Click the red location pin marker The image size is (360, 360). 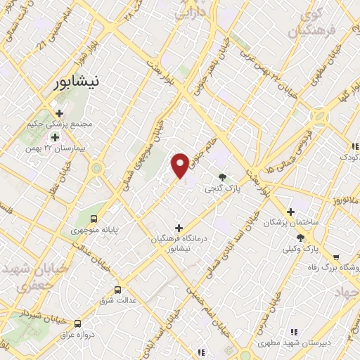click(180, 165)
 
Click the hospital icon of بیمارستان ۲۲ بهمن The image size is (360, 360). click(55, 136)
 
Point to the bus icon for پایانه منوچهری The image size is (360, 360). click(93, 217)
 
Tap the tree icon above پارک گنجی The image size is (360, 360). click(223, 178)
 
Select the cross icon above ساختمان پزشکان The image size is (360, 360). click(290, 212)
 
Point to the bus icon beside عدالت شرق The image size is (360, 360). click(117, 290)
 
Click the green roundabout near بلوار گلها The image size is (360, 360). click(320, 117)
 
